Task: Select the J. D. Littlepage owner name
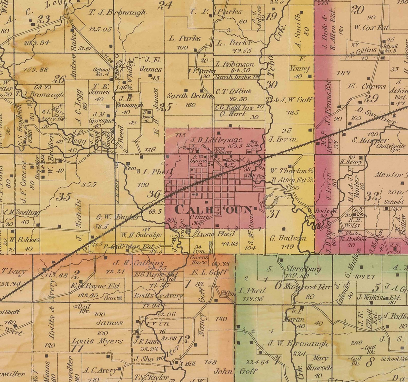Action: point(216,140)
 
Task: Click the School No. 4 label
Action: point(102,72)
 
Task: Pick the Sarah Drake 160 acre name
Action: point(190,96)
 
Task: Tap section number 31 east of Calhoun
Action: point(273,214)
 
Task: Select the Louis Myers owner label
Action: point(97,341)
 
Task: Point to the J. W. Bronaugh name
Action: point(298,343)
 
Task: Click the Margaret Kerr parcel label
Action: point(307,287)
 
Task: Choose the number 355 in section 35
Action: point(89,184)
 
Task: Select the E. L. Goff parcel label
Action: point(210,272)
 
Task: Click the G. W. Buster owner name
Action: point(118,217)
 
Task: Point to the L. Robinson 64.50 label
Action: point(235,64)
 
